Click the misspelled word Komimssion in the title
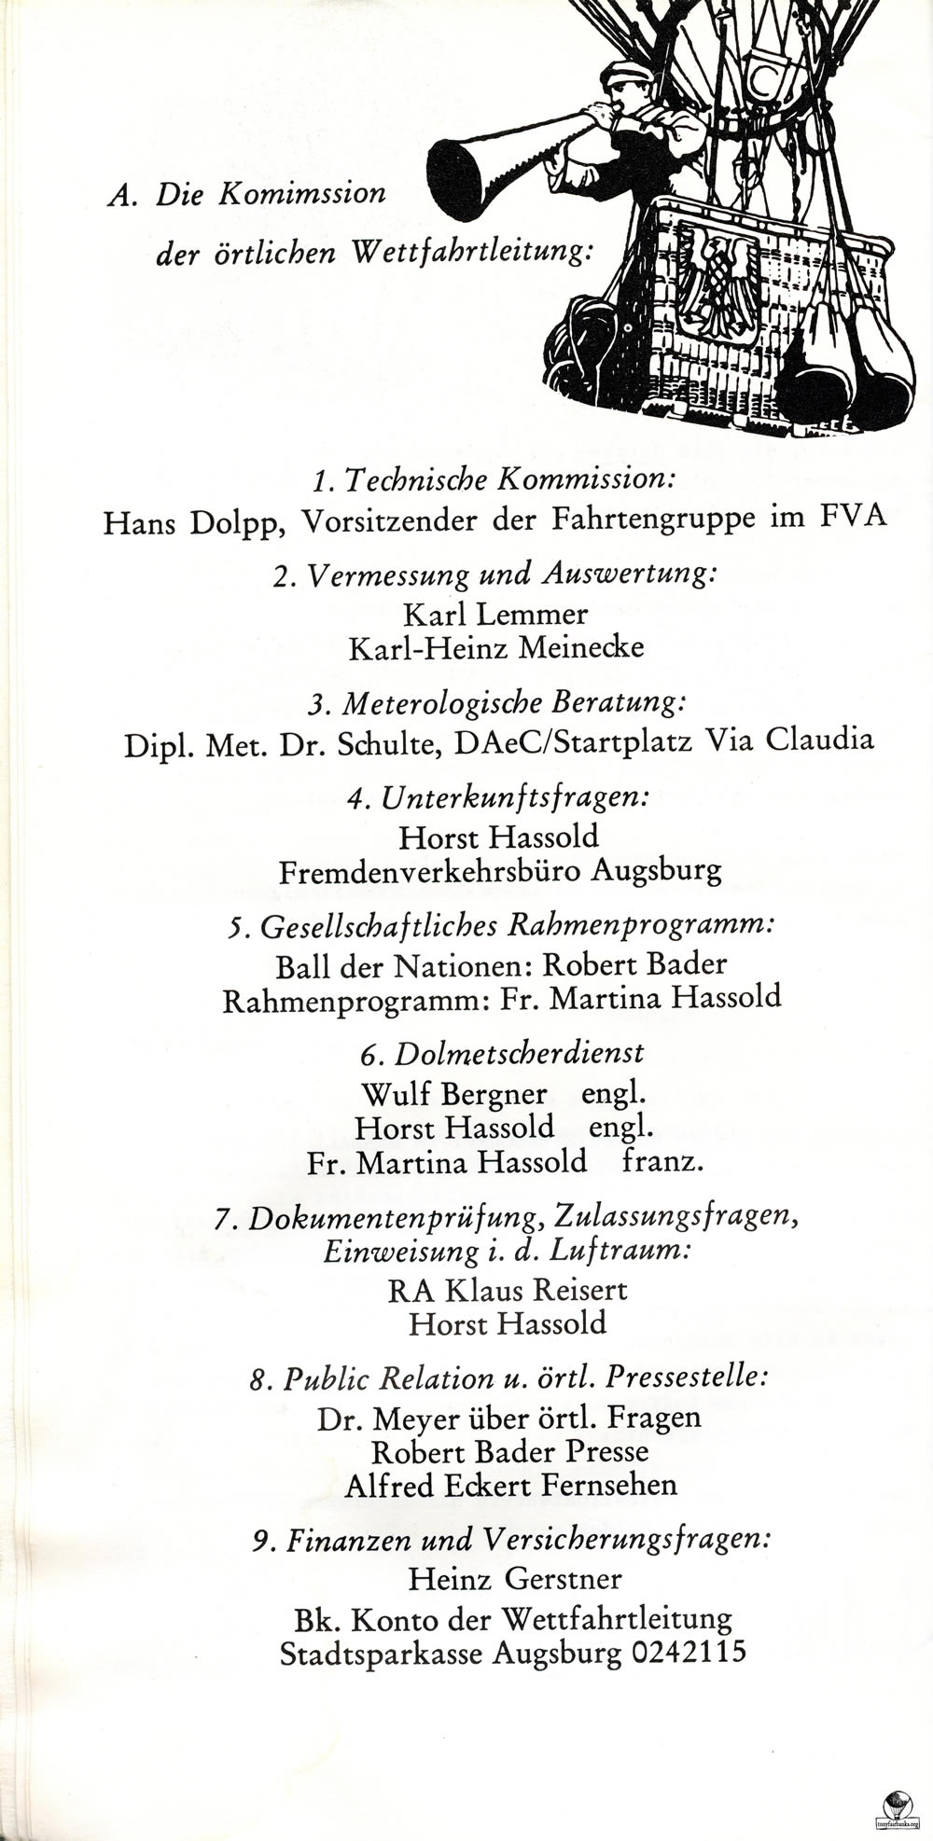pyautogui.click(x=302, y=194)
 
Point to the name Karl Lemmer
pyautogui.click(x=495, y=614)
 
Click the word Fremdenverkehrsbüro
pyautogui.click(x=430, y=871)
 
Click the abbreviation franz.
pyautogui.click(x=662, y=1162)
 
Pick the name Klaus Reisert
pyautogui.click(x=536, y=1290)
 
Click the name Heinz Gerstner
pyautogui.click(x=514, y=1579)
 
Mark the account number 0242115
pyautogui.click(x=689, y=1652)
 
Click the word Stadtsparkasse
pyautogui.click(x=382, y=1654)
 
